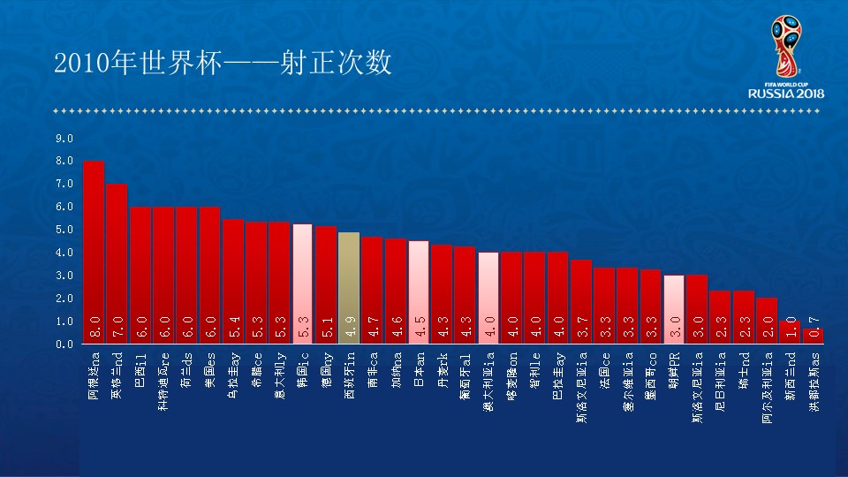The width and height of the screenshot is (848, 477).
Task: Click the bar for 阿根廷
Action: click(94, 252)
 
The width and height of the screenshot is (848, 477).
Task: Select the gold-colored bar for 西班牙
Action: click(349, 287)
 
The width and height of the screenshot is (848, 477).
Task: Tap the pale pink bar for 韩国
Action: click(302, 283)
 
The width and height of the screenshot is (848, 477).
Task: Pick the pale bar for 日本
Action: click(419, 291)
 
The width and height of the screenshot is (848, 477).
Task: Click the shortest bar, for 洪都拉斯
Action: click(813, 337)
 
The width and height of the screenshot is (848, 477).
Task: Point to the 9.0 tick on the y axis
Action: click(64, 139)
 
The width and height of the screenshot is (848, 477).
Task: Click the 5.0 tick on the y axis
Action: click(64, 230)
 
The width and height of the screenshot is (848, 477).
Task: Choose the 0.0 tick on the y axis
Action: click(64, 344)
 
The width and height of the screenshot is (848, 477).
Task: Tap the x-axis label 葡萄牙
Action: click(466, 375)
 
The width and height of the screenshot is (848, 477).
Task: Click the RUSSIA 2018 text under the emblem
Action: click(786, 94)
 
